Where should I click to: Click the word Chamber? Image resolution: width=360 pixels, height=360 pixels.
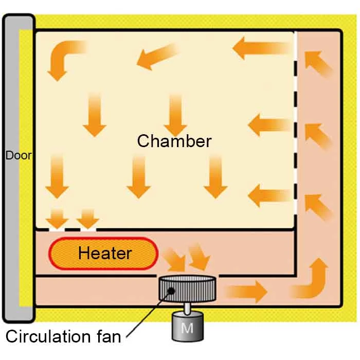(174, 141)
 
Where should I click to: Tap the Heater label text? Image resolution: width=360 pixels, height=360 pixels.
(104, 253)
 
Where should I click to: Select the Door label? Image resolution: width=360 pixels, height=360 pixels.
(17, 155)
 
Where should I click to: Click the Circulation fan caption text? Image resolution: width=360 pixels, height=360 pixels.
(63, 337)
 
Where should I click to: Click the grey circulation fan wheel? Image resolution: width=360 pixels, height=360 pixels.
(187, 291)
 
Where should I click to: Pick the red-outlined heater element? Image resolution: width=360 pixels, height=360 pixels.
(103, 254)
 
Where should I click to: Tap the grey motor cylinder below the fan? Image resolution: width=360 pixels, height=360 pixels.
(187, 327)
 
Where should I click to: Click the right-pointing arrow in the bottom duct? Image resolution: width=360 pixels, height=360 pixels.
(247, 292)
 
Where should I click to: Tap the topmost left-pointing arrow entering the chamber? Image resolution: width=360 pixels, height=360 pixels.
(261, 49)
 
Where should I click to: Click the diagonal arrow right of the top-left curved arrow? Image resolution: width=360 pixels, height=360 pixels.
(157, 56)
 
